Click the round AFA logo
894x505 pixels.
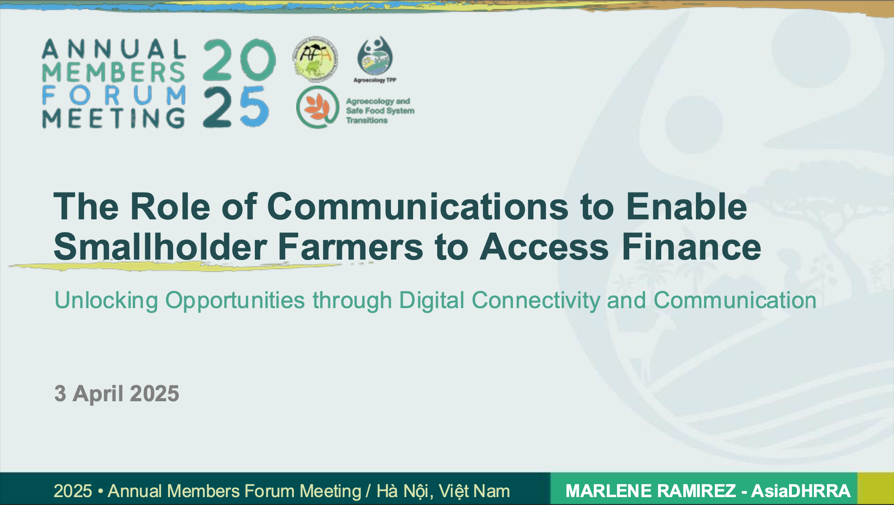pos(315,59)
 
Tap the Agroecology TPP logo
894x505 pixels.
pos(375,60)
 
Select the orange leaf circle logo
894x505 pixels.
pos(318,107)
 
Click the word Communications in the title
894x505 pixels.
pos(418,206)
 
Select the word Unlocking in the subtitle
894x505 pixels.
pos(106,301)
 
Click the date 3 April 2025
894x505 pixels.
pos(117,393)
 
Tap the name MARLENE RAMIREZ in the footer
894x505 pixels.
pos(651,491)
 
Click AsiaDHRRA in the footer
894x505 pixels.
pos(801,491)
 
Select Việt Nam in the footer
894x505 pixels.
pos(475,491)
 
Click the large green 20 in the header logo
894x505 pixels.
pos(239,59)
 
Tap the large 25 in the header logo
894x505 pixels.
pos(236,107)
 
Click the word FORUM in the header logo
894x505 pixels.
pos(114,95)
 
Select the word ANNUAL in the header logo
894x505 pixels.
pos(114,49)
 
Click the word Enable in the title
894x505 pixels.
pos(686,206)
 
